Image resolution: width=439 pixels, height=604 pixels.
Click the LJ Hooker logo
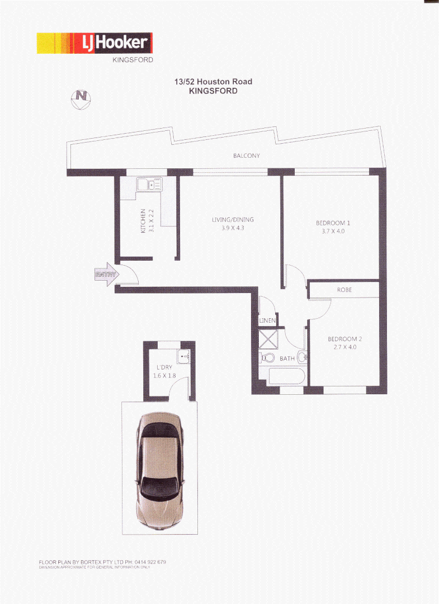[95, 43]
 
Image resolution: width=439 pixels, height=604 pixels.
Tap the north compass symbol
[82, 98]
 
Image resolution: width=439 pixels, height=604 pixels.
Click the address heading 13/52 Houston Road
[213, 82]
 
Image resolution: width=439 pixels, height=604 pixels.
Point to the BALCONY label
[246, 156]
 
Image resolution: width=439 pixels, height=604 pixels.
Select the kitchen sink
[149, 184]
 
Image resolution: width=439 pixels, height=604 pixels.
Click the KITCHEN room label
[143, 220]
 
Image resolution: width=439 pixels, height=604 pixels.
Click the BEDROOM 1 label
[333, 223]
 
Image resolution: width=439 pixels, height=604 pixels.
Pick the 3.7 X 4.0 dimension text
[333, 231]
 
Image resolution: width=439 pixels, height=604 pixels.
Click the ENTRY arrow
[106, 275]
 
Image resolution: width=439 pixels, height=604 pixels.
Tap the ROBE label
[344, 290]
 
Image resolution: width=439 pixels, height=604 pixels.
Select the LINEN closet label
[267, 321]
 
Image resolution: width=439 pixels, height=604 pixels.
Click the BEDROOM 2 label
[345, 339]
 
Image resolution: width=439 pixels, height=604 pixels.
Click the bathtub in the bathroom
[286, 376]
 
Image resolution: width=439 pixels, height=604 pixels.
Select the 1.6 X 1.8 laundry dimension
[164, 376]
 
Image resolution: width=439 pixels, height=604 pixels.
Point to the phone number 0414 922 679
[150, 561]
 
